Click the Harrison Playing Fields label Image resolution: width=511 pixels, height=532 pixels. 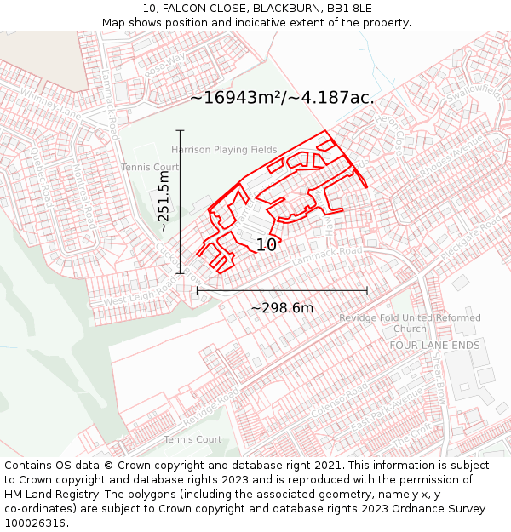[x=224, y=150]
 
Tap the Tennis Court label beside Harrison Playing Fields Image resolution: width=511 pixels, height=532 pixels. [x=150, y=167]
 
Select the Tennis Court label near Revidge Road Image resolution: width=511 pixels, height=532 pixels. [x=192, y=439]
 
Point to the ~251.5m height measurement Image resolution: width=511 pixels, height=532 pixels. [x=164, y=202]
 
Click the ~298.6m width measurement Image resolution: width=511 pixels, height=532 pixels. [x=282, y=308]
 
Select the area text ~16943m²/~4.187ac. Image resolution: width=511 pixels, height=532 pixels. [x=282, y=98]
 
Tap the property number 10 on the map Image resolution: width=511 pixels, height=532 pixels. [x=266, y=245]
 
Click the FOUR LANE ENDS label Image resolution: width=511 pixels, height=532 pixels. [x=434, y=346]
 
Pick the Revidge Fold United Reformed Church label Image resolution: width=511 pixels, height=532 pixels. [x=410, y=323]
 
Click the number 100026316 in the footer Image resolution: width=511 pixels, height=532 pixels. [x=36, y=523]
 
